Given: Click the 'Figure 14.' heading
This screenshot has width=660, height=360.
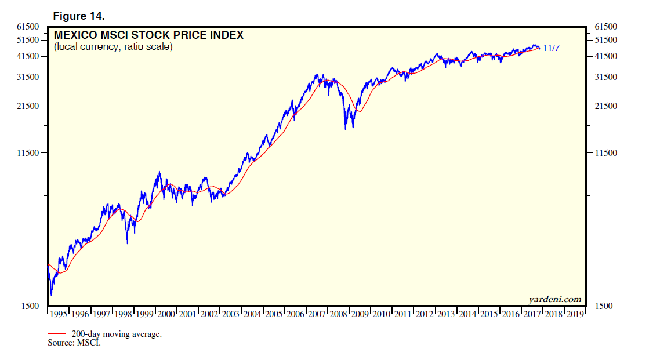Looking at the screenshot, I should [x=79, y=15].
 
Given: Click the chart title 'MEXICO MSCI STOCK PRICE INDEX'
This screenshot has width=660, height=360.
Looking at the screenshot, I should [x=148, y=35].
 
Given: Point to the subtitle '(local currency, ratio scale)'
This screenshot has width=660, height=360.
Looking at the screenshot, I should [x=113, y=46].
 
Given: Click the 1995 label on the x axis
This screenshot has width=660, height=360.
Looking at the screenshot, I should [x=58, y=314].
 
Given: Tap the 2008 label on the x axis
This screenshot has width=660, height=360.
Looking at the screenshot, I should [x=338, y=314].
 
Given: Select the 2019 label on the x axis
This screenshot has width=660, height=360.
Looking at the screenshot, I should [x=575, y=314].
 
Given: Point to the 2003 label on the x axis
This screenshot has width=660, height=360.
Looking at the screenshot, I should [x=230, y=314].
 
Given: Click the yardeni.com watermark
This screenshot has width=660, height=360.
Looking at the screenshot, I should [x=554, y=299].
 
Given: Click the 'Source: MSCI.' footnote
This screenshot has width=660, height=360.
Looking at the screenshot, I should [x=74, y=343].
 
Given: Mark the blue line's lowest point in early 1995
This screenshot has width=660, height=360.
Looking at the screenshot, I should [x=51, y=295].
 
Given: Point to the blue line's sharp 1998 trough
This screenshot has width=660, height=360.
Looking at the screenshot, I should [x=127, y=243].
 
